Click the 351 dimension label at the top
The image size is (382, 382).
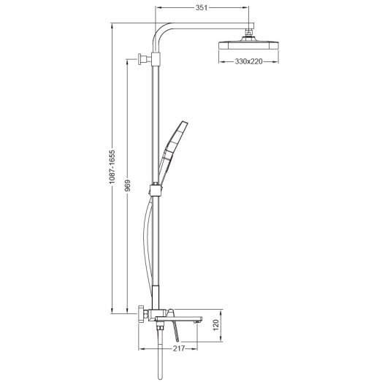pos(203,7)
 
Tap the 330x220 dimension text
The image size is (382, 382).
pos(245,61)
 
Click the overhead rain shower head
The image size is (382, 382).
pos(245,46)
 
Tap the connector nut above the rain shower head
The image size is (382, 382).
pos(251,33)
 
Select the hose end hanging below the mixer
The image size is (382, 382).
pos(157,358)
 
